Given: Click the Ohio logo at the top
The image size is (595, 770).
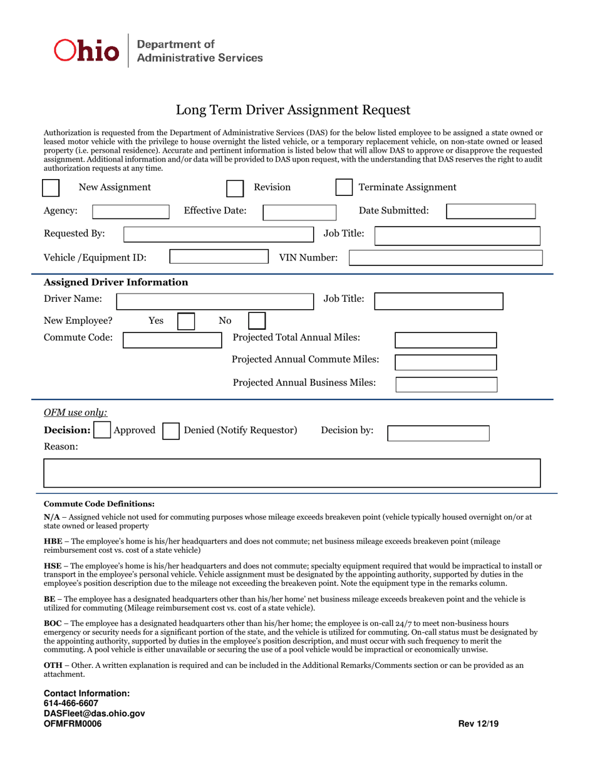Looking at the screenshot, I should pos(86,51).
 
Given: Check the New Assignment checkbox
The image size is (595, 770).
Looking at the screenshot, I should pos(51,188).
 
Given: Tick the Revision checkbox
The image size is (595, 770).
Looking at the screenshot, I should pos(234,188).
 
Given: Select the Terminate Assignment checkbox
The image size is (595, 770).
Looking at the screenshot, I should pos(344,188).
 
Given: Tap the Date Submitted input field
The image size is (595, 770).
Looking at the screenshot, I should pos(490,212).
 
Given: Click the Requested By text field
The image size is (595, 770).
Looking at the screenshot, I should pos(218,235).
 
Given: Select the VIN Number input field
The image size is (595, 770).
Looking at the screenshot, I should pos(445,258).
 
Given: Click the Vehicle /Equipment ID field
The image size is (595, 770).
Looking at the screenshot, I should pos(219,257).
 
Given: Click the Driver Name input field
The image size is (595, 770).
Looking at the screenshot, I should pos(215,301).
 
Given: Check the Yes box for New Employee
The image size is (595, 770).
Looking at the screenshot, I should pos(186,322).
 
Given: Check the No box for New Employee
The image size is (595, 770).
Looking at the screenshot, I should pos(257,322).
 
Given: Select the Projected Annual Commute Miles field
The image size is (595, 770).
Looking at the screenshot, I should pos(446,362).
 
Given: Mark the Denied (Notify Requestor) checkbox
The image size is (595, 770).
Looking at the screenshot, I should pos(170,431).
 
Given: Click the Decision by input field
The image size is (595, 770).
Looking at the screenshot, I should pos(438,433).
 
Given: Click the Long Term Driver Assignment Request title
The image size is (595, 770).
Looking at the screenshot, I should pos(292,110).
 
